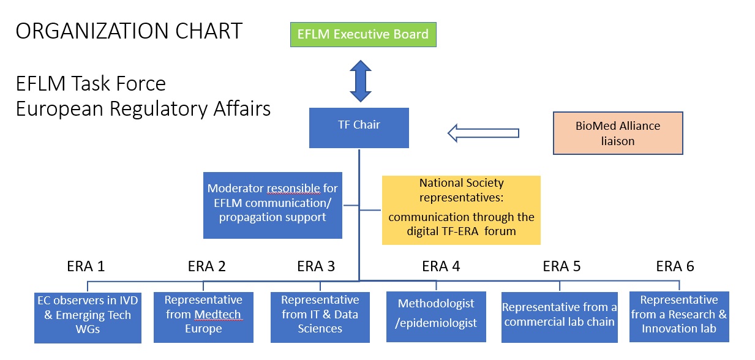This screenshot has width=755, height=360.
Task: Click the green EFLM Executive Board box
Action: (x=363, y=35)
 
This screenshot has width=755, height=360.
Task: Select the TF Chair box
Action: (x=359, y=128)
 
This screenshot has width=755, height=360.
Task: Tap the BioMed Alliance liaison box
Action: (x=618, y=133)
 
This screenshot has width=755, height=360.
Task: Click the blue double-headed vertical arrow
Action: (x=361, y=81)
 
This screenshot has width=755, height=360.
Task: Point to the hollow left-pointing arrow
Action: (x=483, y=133)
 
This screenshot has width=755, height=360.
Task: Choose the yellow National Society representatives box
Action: (x=461, y=210)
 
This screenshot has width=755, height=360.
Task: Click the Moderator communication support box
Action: (x=272, y=205)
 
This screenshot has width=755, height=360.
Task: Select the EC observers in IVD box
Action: (x=88, y=318)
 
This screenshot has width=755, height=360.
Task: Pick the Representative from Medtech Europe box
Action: (x=203, y=318)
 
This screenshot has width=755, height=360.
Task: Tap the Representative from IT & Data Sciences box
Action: (x=320, y=318)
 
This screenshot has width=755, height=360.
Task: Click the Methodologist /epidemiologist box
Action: (x=436, y=317)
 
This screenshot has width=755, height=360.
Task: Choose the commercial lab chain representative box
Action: (x=560, y=318)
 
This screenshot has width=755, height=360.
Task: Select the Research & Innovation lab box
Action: (x=679, y=317)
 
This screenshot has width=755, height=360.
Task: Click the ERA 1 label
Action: (x=86, y=266)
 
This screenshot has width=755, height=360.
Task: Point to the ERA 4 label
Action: (x=441, y=266)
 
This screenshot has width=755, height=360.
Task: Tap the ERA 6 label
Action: (x=675, y=266)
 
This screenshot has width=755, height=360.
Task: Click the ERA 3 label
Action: (x=316, y=266)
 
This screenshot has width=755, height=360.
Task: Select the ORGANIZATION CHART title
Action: (x=129, y=31)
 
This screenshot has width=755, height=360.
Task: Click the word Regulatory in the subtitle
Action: (x=159, y=109)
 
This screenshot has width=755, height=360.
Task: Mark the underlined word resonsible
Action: (x=293, y=189)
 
